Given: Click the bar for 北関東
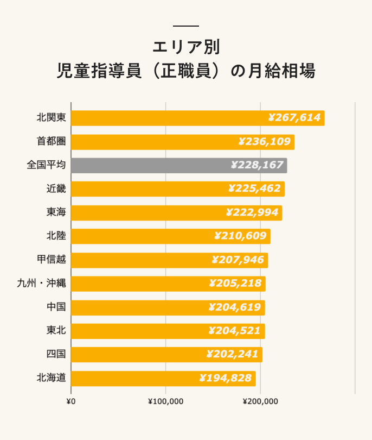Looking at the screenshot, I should (x=197, y=118).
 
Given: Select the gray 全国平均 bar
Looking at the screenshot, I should (x=178, y=166).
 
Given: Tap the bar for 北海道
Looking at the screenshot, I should (x=163, y=379).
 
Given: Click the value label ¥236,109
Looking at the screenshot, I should (x=265, y=142).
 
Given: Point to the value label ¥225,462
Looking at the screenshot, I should (x=255, y=189).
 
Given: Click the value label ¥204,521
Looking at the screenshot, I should (x=235, y=331).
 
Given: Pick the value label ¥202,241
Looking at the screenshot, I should (x=233, y=355).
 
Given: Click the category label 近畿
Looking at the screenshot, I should (x=56, y=189).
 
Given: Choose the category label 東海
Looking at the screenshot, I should (x=56, y=212).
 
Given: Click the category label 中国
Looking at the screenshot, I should (x=56, y=307).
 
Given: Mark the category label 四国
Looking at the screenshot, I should (x=56, y=355).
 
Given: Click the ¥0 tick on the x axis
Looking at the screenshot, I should (x=70, y=401).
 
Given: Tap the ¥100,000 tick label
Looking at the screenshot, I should (x=165, y=401).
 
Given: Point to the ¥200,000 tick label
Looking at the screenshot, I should (x=260, y=401).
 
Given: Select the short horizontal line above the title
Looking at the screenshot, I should (x=186, y=26).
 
